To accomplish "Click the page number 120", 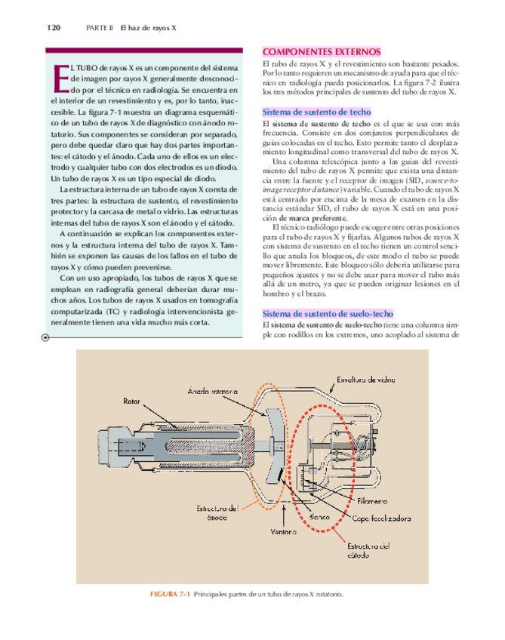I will [53, 28].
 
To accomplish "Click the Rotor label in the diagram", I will [131, 401].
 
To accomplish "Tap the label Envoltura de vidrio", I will [362, 380].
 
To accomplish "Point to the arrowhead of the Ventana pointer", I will [283, 490].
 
